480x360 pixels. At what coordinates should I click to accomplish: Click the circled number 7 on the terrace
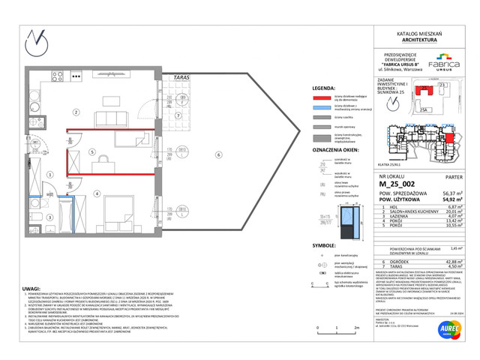point(178,117)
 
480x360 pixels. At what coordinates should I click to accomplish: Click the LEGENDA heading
point(323,87)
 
